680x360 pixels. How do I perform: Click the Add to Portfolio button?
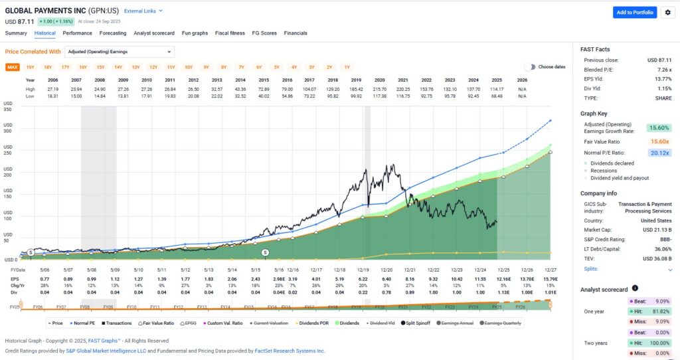pyautogui.click(x=634, y=13)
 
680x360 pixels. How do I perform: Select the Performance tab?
pyautogui.click(x=77, y=33)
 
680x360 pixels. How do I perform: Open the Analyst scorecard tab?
pyautogui.click(x=153, y=33)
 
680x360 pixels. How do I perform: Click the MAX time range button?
pyautogui.click(x=13, y=67)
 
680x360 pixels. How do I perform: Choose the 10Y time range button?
pyautogui.click(x=189, y=67)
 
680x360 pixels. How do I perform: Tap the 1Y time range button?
pyautogui.click(x=347, y=67)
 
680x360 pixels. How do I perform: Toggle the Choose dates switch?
pyautogui.click(x=529, y=67)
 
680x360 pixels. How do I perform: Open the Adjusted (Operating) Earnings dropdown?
pyautogui.click(x=120, y=52)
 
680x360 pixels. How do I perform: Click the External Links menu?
pyautogui.click(x=143, y=11)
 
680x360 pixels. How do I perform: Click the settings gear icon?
pyautogui.click(x=667, y=13)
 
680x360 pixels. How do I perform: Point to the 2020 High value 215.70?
pyautogui.click(x=381, y=88)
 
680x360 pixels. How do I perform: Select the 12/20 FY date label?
pyautogui.click(x=381, y=269)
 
